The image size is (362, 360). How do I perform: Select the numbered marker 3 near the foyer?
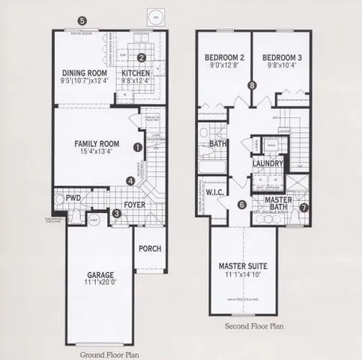click(115, 214)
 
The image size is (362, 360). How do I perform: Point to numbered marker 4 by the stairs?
click(130, 181)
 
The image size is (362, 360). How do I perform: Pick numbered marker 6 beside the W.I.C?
click(242, 204)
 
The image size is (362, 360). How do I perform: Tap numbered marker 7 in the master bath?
click(304, 208)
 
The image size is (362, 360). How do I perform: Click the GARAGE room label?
click(100, 275)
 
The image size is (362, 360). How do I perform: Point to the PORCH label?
click(149, 251)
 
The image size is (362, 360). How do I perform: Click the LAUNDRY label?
click(268, 163)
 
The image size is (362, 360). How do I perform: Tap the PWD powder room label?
click(73, 199)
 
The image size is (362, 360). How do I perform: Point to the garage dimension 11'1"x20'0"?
click(100, 284)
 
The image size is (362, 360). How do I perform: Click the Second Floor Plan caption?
click(255, 328)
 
